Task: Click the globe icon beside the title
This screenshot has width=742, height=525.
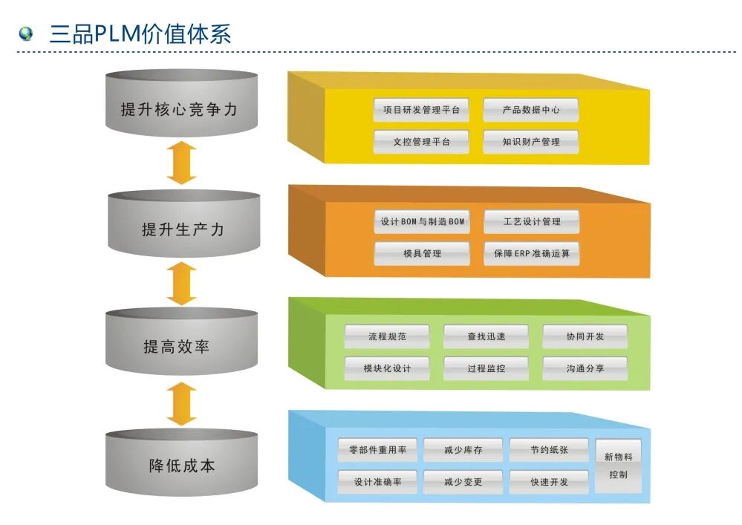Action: (x=27, y=33)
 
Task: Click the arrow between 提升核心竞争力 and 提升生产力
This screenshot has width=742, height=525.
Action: (x=181, y=163)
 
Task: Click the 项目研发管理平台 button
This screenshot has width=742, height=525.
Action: (x=421, y=110)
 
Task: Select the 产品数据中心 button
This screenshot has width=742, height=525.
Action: (x=530, y=110)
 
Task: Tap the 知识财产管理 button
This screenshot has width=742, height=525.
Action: (x=530, y=142)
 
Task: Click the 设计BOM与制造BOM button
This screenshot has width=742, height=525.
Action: (x=422, y=221)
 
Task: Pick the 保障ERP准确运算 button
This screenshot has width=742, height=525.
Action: (x=531, y=253)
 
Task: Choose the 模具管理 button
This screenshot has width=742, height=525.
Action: (x=422, y=253)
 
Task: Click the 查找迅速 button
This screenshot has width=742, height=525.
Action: (x=486, y=336)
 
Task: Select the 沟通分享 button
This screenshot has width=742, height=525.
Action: (x=585, y=368)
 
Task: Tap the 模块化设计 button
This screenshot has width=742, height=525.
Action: (x=386, y=368)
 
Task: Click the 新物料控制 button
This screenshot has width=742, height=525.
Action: (x=618, y=466)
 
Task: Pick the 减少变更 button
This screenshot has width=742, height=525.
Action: (x=463, y=482)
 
